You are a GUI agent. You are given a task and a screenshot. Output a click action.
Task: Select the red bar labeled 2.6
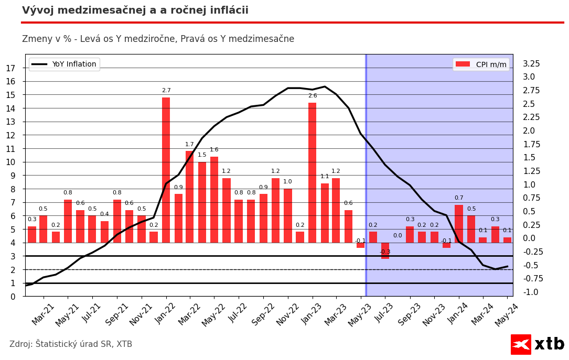[312, 172]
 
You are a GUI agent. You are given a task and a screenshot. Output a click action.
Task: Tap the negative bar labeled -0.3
[385, 250]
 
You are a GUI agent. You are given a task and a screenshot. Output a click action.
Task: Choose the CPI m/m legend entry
[481, 64]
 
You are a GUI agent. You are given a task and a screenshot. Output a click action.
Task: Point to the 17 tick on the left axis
[10, 68]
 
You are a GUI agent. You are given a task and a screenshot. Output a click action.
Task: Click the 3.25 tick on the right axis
[531, 64]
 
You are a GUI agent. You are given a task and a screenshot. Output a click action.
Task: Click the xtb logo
[538, 344]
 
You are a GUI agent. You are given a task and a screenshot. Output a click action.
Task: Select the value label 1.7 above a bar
[189, 145]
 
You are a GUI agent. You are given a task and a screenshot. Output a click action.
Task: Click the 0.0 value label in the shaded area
[398, 236]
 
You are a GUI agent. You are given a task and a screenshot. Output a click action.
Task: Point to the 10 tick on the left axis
[10, 162]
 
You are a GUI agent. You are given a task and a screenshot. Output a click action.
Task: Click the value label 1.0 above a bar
[287, 182]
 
